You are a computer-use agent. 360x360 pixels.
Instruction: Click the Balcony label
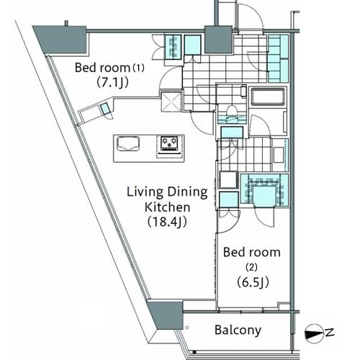pyautogui.click(x=238, y=330)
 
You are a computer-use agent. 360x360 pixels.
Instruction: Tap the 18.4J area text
pyautogui.click(x=167, y=222)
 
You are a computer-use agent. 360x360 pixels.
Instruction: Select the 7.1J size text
pyautogui.click(x=112, y=83)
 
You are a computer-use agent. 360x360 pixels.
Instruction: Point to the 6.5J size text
pyautogui.click(x=253, y=282)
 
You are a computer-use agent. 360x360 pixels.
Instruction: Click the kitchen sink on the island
pyautogui.click(x=128, y=144)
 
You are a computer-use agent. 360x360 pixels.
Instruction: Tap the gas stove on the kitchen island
pyautogui.click(x=169, y=144)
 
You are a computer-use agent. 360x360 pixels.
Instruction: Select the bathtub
pyautogui.click(x=268, y=96)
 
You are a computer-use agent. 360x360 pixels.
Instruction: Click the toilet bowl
pyautogui.click(x=232, y=111)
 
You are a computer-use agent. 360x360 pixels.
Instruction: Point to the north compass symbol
pyautogui.click(x=314, y=333)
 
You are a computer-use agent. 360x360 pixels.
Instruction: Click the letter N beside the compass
pyautogui.click(x=330, y=333)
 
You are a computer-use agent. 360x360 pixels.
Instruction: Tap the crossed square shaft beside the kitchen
pyautogui.click(x=171, y=101)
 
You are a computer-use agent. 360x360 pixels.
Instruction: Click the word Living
pyautogui.click(x=145, y=193)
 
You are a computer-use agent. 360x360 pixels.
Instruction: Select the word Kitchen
pyautogui.click(x=168, y=207)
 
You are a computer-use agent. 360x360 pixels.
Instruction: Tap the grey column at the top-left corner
pyautogui.click(x=60, y=40)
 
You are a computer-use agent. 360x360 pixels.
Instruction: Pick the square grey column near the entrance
pyautogui.click(x=218, y=39)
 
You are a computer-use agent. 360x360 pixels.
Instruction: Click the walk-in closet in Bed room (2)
pyautogui.click(x=264, y=190)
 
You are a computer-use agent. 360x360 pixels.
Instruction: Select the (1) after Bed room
pyautogui.click(x=139, y=68)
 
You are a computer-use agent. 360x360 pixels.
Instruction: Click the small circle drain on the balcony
pyautogui.click(x=187, y=328)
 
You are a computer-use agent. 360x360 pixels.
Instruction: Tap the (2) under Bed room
pyautogui.click(x=251, y=267)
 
